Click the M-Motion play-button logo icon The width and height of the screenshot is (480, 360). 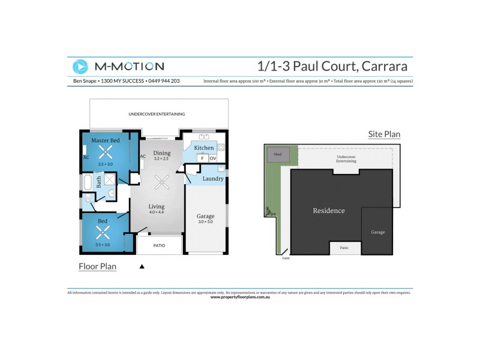click(x=80, y=67)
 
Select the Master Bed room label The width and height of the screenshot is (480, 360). click(x=105, y=140)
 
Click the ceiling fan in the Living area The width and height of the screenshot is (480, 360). click(x=161, y=181)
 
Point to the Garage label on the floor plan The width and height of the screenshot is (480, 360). click(x=205, y=216)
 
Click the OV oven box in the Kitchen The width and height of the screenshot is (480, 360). click(x=213, y=158)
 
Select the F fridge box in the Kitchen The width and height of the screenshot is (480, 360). click(x=203, y=158)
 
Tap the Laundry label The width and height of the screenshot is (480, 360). click(x=213, y=179)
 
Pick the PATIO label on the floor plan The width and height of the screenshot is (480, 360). click(x=160, y=245)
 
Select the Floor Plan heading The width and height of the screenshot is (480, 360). click(x=98, y=266)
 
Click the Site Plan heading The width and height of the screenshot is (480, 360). click(x=384, y=134)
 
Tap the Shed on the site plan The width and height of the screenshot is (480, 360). click(x=278, y=155)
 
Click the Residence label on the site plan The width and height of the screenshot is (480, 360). click(x=329, y=211)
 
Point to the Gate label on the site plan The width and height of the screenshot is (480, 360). click(x=286, y=258)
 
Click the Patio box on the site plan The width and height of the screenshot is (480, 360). click(x=344, y=248)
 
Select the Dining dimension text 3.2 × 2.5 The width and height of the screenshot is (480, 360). click(x=162, y=159)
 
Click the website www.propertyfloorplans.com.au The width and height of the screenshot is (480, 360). click(x=240, y=297)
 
